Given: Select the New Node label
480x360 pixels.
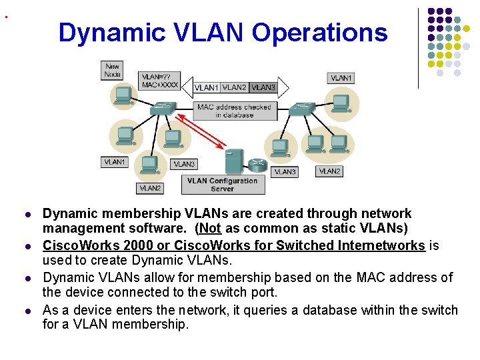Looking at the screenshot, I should (113, 70).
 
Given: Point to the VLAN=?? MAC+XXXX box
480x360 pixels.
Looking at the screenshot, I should (160, 80).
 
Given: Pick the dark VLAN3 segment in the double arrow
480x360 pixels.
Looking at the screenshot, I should (263, 87).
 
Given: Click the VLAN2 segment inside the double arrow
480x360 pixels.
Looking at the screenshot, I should (234, 87).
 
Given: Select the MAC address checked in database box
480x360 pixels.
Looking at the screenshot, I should (234, 111).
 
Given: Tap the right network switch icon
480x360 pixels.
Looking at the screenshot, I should (305, 107).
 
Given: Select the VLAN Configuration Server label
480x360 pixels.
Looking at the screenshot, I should (222, 185).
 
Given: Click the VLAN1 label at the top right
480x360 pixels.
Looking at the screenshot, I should (341, 78).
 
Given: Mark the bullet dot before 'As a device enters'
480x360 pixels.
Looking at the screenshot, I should (27, 311).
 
